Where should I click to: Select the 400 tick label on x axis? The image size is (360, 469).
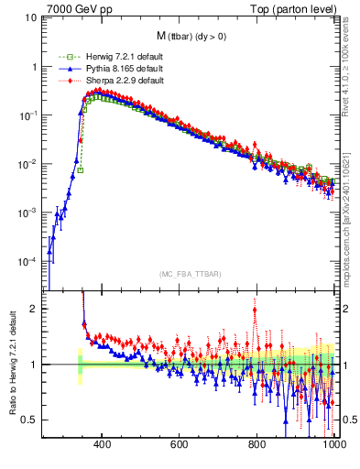tap(102, 446)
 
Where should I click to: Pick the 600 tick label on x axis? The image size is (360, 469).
tap(180, 446)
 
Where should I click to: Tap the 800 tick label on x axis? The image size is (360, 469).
tap(257, 446)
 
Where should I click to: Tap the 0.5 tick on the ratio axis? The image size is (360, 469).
tap(29, 420)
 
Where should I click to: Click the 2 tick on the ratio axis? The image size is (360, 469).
tap(35, 309)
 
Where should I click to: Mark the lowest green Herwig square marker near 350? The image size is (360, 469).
tap(81, 169)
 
